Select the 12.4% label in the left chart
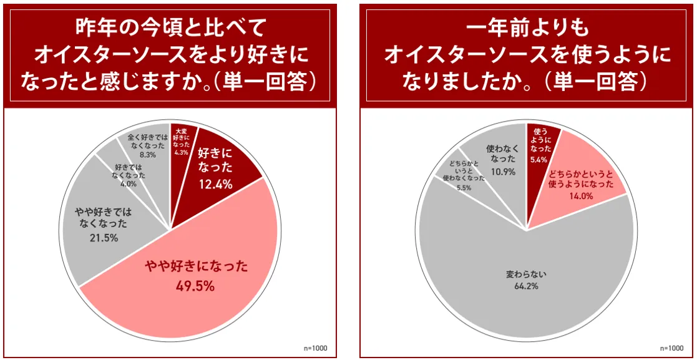(215, 184)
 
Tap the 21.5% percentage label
(104, 238)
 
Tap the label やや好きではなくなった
(104, 217)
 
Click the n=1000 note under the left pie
(316, 348)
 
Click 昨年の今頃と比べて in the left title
(170, 28)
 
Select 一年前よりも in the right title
(527, 28)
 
